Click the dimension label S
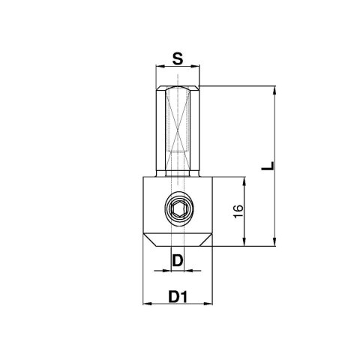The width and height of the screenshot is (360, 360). pyautogui.click(x=178, y=58)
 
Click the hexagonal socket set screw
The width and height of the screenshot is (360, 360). pyautogui.click(x=178, y=211)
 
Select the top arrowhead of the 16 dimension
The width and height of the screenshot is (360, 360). pyautogui.click(x=244, y=181)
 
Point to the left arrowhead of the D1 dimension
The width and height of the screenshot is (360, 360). pyautogui.click(x=145, y=304)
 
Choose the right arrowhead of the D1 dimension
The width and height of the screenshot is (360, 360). pyautogui.click(x=211, y=304)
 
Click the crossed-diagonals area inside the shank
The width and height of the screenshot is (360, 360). pyautogui.click(x=178, y=120)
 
